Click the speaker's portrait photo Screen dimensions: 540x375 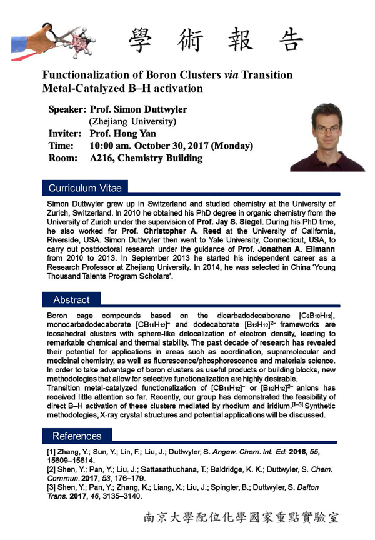[327, 136]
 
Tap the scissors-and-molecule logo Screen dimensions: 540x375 [53, 39]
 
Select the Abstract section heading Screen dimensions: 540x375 [71, 299]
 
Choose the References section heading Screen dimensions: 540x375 [77, 436]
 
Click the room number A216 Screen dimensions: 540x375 [102, 158]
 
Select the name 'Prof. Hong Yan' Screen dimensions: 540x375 [123, 134]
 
